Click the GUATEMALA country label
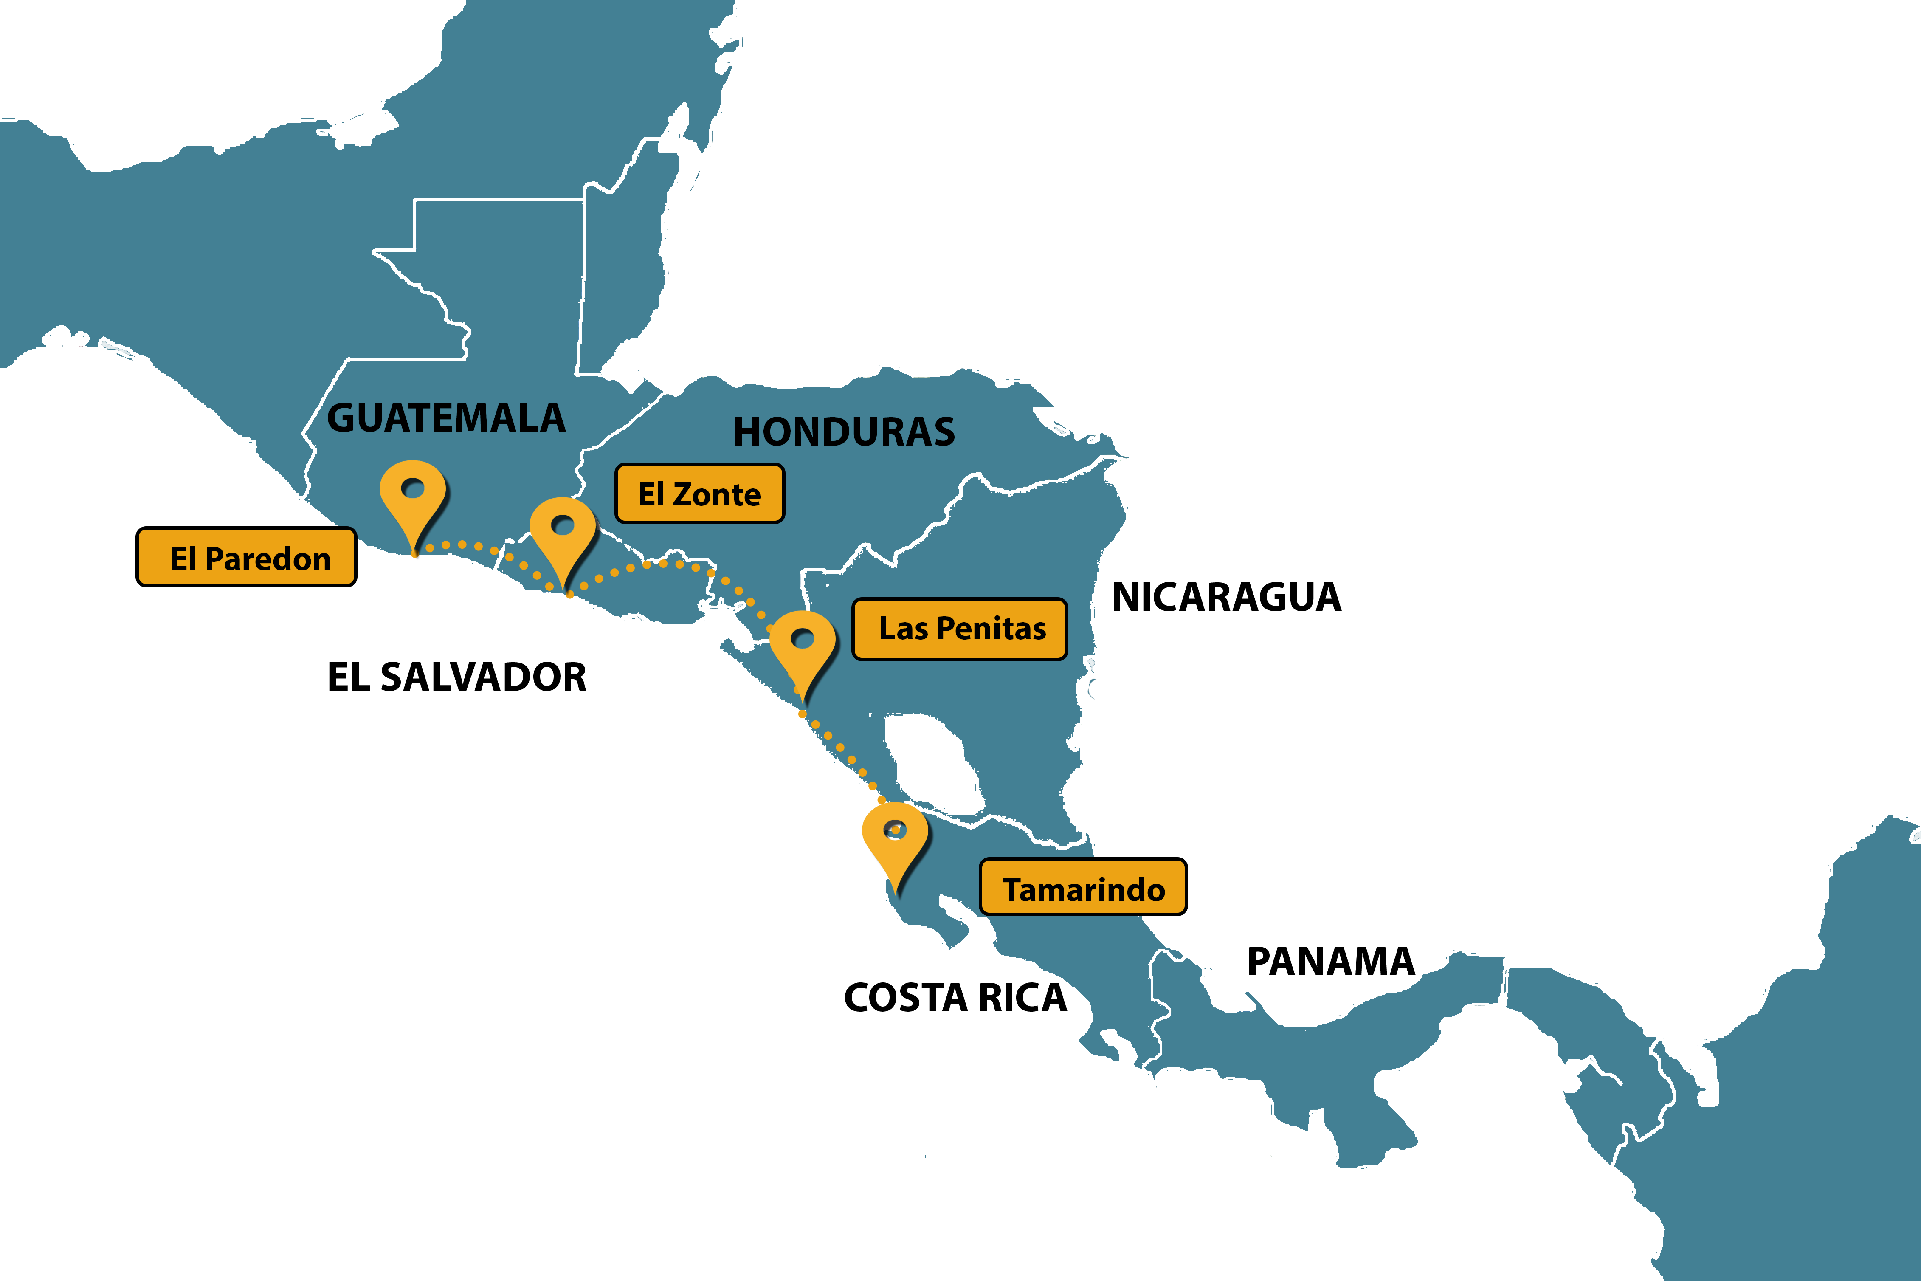(446, 418)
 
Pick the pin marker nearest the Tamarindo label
(895, 841)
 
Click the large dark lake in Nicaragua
(931, 760)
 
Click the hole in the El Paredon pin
(413, 488)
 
